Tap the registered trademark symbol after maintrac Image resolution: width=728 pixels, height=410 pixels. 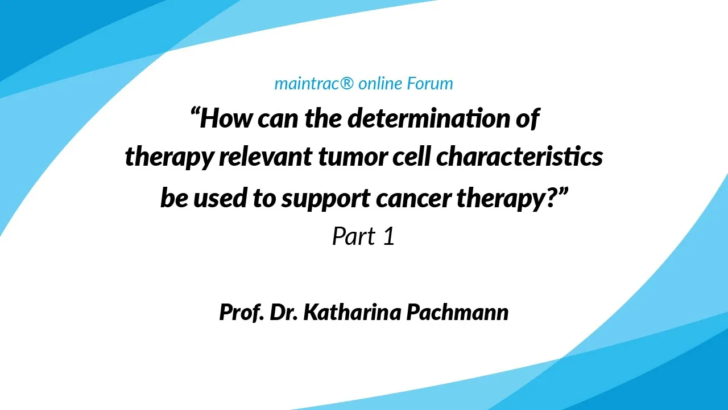point(347,83)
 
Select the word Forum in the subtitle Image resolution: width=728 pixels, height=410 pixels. point(429,83)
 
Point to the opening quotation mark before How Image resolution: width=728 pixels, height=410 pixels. point(195,113)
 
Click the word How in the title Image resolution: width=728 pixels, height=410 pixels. point(226,118)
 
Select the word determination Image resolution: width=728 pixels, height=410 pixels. point(429,118)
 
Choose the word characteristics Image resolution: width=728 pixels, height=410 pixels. point(519,157)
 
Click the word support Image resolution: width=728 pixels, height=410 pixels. point(326,199)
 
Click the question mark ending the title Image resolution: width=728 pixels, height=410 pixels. point(552,197)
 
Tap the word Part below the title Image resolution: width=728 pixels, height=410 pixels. point(354,236)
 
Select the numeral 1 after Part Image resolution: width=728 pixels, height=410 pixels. point(390,236)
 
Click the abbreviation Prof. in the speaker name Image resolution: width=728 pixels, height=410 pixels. point(242,313)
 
